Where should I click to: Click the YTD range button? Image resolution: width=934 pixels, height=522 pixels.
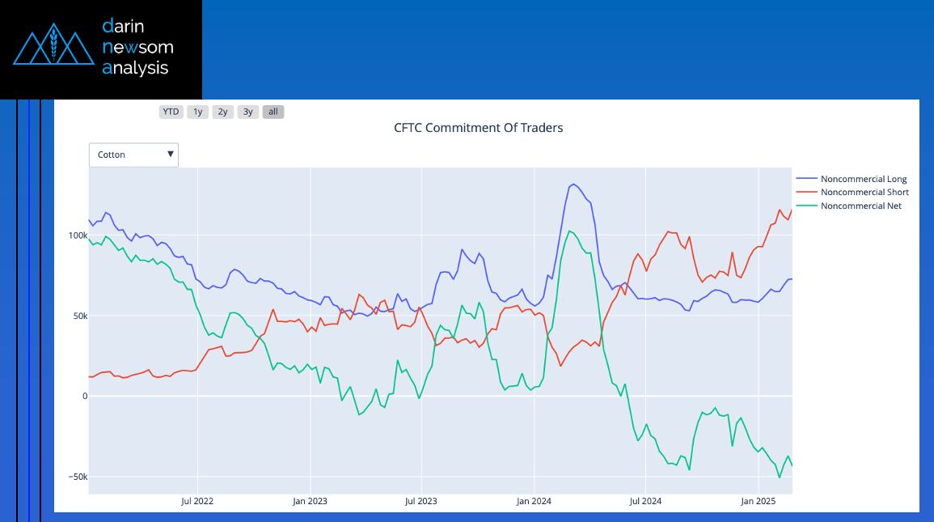coord(171,112)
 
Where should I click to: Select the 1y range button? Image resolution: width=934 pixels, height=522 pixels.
coord(197,112)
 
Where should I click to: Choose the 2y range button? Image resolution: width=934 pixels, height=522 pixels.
coord(222,112)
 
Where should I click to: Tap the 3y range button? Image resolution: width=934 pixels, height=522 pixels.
coord(247,112)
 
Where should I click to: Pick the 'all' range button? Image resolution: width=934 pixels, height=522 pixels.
coord(273,112)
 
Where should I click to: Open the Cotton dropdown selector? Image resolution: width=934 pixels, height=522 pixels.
coord(133,155)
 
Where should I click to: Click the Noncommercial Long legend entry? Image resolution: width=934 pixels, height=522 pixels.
coord(863,179)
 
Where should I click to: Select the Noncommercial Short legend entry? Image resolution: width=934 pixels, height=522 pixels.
coord(864,193)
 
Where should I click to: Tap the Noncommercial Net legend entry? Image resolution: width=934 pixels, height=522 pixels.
coord(860,206)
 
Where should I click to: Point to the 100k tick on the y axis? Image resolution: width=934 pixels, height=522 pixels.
coord(78,236)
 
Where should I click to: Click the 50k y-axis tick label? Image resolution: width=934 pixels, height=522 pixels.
coord(80,316)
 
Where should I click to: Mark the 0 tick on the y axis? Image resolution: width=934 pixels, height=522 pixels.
coord(83,396)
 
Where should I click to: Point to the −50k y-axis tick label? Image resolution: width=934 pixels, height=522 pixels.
coord(78,477)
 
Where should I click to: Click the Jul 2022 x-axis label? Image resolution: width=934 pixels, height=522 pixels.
coord(197,502)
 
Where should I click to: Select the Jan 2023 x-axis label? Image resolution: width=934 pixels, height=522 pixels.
coord(310,502)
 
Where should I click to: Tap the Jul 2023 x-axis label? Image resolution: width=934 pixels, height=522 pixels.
coord(421,502)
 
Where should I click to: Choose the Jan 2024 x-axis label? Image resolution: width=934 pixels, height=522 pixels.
coord(534,502)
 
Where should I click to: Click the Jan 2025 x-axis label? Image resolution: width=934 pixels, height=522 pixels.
coord(758,502)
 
